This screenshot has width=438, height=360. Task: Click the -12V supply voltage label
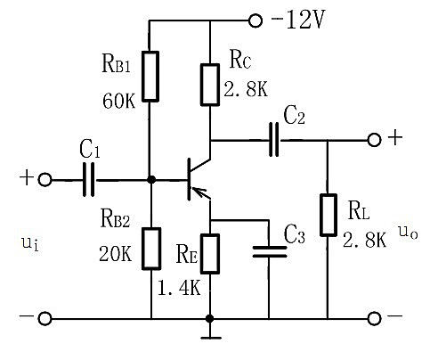click(298, 20)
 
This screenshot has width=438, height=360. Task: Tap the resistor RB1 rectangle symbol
click(150, 77)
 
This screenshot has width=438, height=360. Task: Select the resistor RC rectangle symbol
click(210, 85)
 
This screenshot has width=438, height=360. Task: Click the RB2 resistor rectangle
click(151, 249)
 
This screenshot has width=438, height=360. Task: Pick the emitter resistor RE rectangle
click(210, 254)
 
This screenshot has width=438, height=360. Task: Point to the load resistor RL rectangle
click(328, 215)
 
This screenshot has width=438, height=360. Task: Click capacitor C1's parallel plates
click(88, 179)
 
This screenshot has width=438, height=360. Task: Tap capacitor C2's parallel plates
click(274, 140)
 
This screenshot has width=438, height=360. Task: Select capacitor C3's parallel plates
click(270, 251)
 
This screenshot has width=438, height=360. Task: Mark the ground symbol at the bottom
click(211, 338)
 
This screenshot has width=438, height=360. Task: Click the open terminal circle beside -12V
click(255, 21)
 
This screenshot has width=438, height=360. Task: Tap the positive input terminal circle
click(45, 180)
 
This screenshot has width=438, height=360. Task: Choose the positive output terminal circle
click(374, 140)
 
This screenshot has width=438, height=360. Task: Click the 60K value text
click(119, 101)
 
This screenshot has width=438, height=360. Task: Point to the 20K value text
click(116, 254)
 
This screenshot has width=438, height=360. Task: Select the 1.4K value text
click(179, 288)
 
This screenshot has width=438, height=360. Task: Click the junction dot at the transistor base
click(151, 180)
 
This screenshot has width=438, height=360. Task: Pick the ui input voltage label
click(30, 243)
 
